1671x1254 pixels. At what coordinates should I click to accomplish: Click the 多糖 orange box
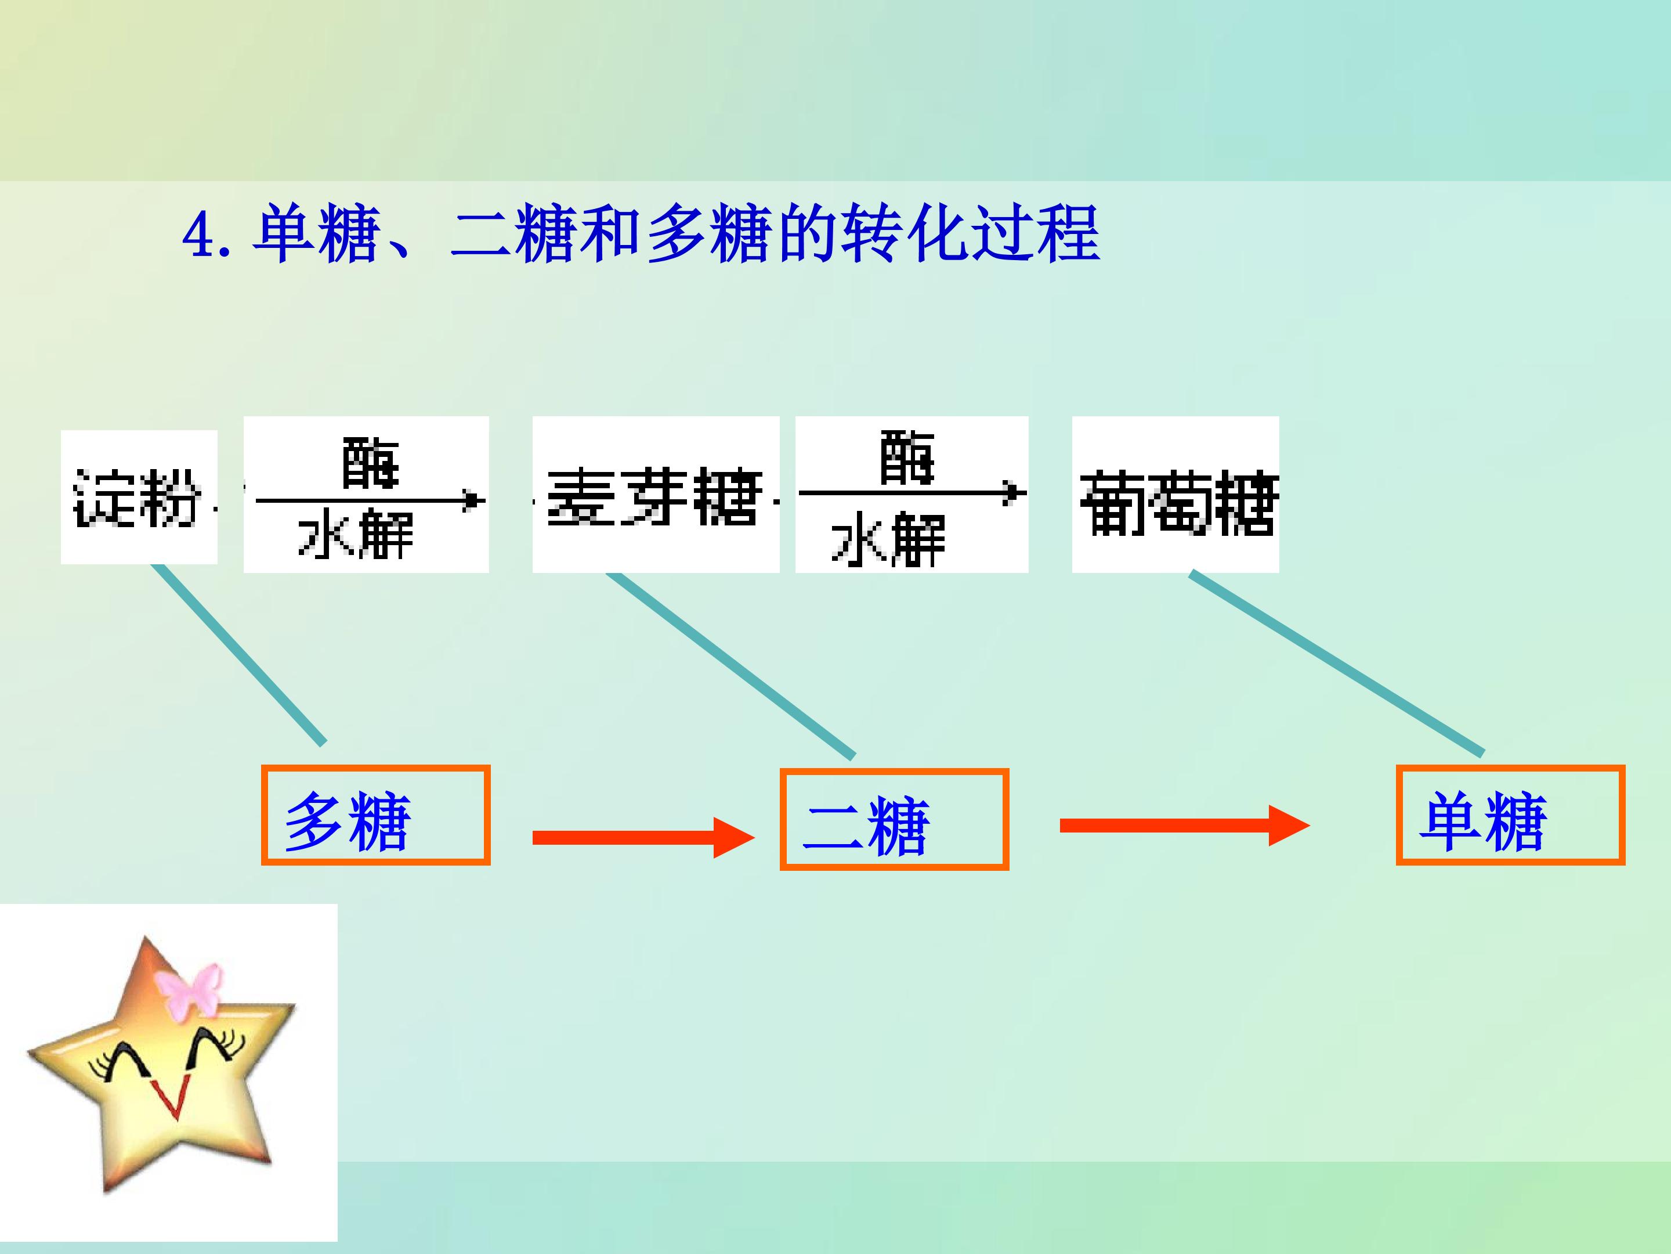[x=375, y=815]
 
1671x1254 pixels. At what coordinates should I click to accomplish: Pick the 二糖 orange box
[x=894, y=819]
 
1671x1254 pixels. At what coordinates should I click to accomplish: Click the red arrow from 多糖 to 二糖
[x=643, y=838]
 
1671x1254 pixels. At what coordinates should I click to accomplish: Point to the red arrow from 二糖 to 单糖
[x=1185, y=826]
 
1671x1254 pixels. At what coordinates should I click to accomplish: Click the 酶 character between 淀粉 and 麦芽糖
[x=370, y=463]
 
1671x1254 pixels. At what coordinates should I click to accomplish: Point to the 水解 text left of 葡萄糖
[x=888, y=538]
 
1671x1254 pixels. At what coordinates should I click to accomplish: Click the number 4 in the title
[x=198, y=235]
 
